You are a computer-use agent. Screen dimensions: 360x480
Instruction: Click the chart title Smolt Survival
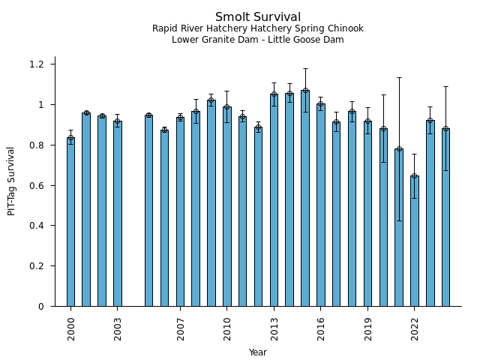click(258, 17)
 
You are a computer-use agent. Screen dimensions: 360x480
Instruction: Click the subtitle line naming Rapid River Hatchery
click(258, 28)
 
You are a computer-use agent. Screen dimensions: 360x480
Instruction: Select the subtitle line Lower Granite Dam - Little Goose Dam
click(258, 40)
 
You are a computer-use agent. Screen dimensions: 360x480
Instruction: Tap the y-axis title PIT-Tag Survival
click(11, 181)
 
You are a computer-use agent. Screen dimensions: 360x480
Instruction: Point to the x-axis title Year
click(258, 352)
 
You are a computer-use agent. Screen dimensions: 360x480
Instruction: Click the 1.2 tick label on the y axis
click(37, 64)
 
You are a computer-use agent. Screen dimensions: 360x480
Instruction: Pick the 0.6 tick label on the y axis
click(37, 185)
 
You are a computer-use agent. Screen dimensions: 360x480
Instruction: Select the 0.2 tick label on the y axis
click(37, 266)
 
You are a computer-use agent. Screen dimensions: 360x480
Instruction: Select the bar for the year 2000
click(70, 225)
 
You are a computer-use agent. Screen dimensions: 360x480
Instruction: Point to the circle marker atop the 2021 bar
click(399, 149)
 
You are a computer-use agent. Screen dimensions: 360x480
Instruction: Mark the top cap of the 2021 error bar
click(399, 77)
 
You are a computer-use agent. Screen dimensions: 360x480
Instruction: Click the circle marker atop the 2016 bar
click(321, 105)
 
